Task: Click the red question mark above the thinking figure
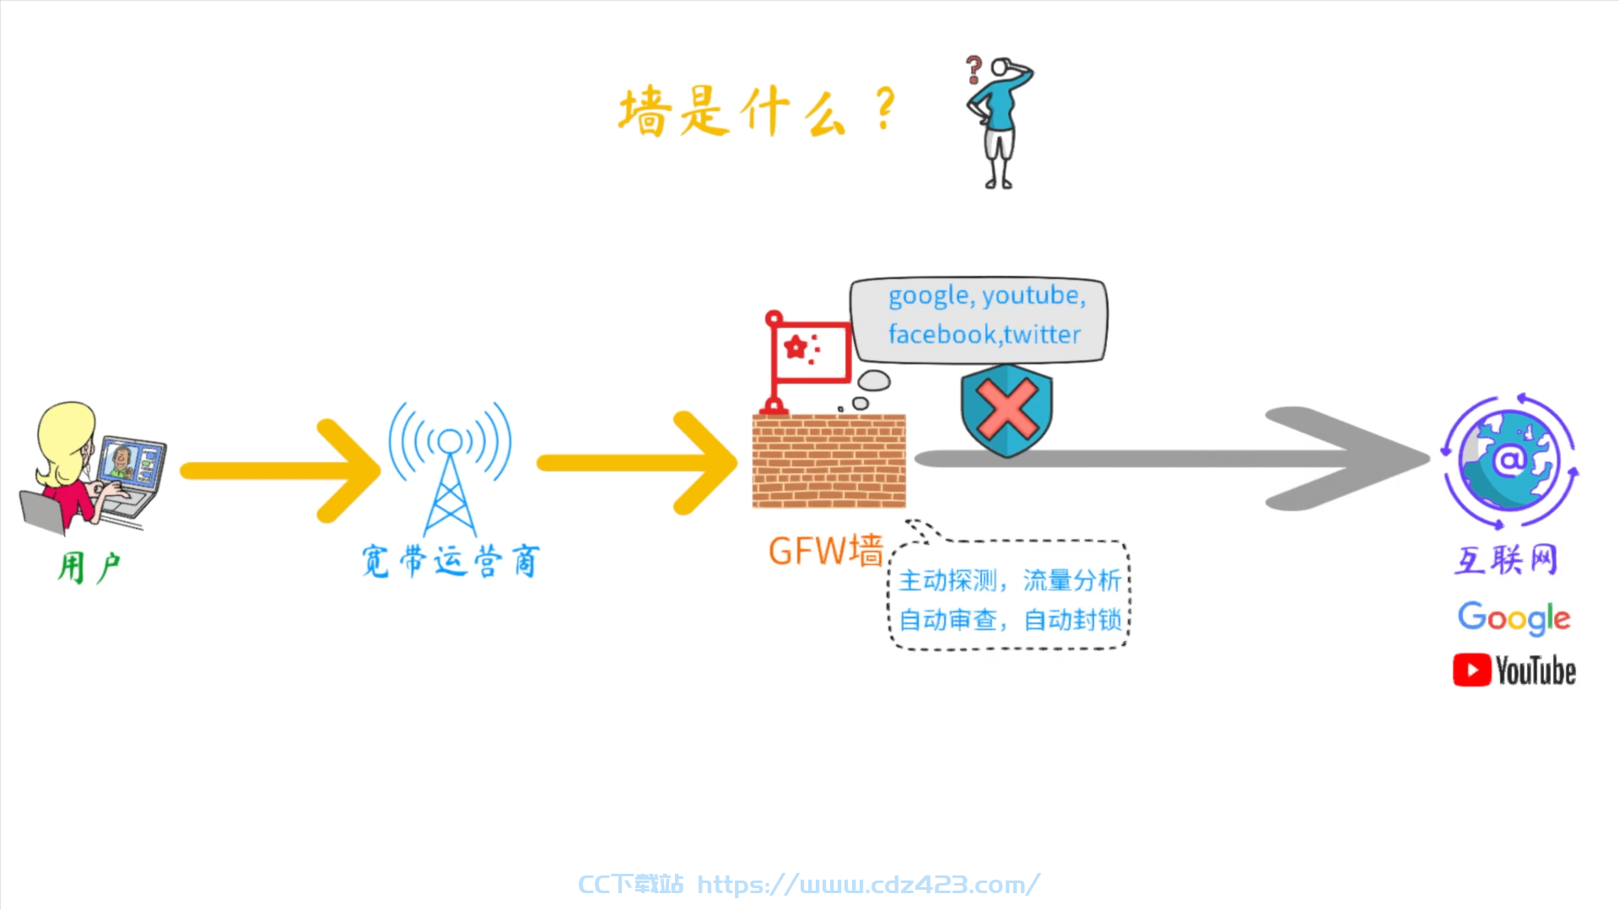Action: [x=974, y=69]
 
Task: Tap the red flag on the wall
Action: [x=810, y=351]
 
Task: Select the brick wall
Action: [x=828, y=460]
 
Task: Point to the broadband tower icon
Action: [x=450, y=469]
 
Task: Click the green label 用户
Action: [x=89, y=567]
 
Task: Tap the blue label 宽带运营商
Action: [x=451, y=561]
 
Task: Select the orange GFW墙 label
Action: [x=825, y=551]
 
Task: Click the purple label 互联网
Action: [x=1506, y=559]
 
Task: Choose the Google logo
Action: [x=1514, y=617]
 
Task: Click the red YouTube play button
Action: [x=1472, y=670]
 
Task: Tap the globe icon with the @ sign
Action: [x=1509, y=460]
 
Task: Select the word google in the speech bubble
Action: [x=929, y=296]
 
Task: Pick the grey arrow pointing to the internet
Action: [x=1173, y=459]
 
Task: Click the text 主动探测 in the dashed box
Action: [x=948, y=580]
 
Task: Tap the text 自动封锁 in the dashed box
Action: [x=1072, y=620]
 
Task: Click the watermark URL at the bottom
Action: [x=868, y=884]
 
